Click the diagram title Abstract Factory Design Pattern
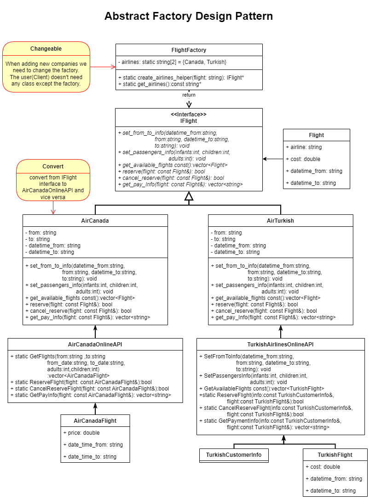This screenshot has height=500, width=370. pos(188,17)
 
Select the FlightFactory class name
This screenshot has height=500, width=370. pos(189,50)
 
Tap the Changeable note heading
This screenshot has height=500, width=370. pos(46,49)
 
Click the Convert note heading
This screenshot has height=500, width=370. pos(53,167)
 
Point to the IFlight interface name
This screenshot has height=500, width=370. pos(189,121)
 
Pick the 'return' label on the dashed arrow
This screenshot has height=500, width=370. pos(189,95)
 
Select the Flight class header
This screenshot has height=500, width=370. pos(317,135)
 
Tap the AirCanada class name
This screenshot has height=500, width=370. pos(95,221)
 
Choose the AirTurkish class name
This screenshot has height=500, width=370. pos(280,221)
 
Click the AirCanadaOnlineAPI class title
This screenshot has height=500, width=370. pos(95,344)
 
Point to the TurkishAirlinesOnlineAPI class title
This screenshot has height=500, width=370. pos(280,344)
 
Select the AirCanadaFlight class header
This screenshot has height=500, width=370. pos(95,421)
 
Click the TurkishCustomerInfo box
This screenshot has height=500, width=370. pos(234,455)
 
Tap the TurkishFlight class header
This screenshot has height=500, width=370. pos(335,455)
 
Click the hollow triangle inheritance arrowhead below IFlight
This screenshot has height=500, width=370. pos(189,196)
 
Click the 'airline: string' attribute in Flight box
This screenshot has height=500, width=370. pos(306,147)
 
